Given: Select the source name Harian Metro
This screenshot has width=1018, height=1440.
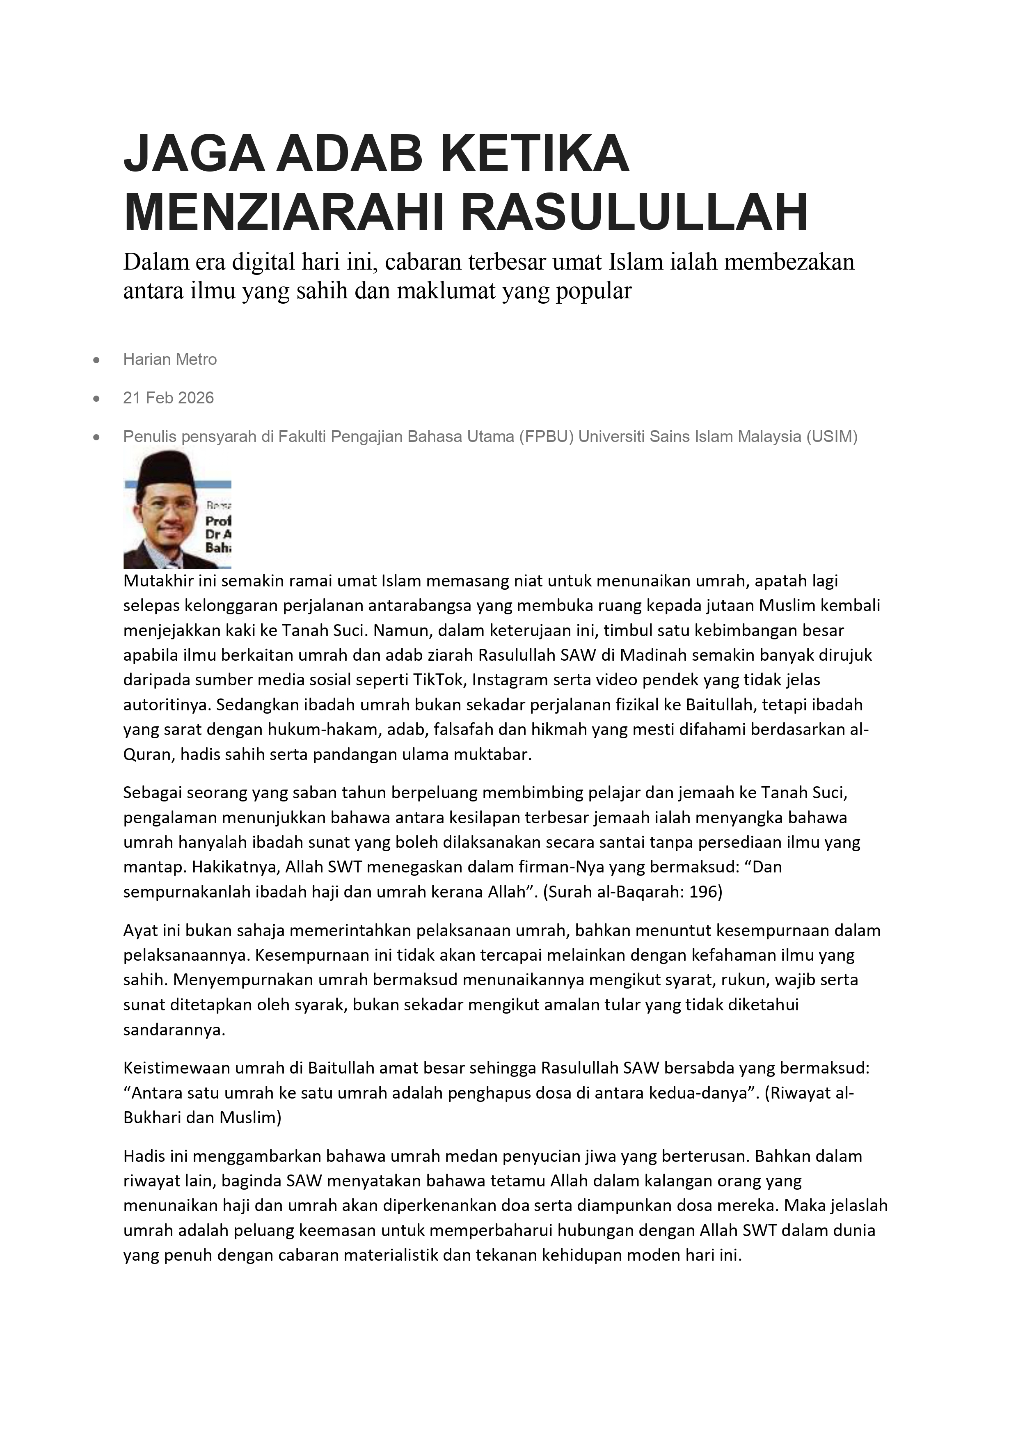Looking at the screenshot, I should pos(170,359).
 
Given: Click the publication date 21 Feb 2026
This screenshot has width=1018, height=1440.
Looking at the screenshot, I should pos(169,398).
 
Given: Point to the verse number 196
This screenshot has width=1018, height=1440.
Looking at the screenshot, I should pos(706,892).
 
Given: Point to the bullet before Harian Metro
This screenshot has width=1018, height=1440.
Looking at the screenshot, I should pos(96,360).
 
